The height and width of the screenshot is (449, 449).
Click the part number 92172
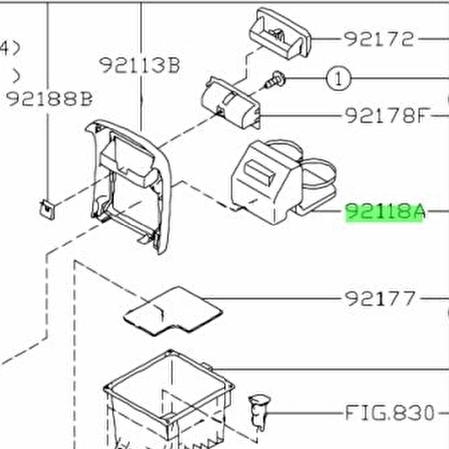coord(379,39)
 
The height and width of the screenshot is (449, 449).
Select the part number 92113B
coord(139,65)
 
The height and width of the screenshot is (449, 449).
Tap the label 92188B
coord(49,99)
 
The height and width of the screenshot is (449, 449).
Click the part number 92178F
coord(387,116)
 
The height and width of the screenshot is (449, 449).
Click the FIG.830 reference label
coord(390,413)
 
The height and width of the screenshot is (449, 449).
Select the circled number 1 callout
coord(339,78)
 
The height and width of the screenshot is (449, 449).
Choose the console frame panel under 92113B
coord(130,185)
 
